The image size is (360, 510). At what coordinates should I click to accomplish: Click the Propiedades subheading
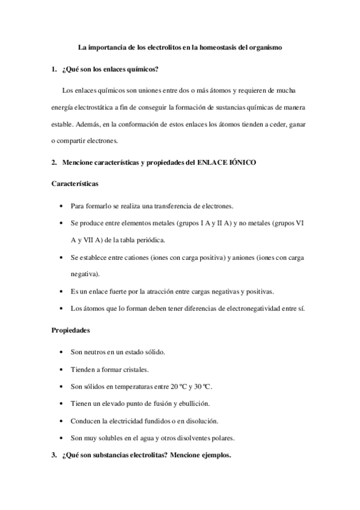[x=72, y=330]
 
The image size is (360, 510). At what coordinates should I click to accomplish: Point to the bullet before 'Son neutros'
[x=64, y=352]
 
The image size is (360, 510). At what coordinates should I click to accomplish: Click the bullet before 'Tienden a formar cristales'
[x=64, y=369]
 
